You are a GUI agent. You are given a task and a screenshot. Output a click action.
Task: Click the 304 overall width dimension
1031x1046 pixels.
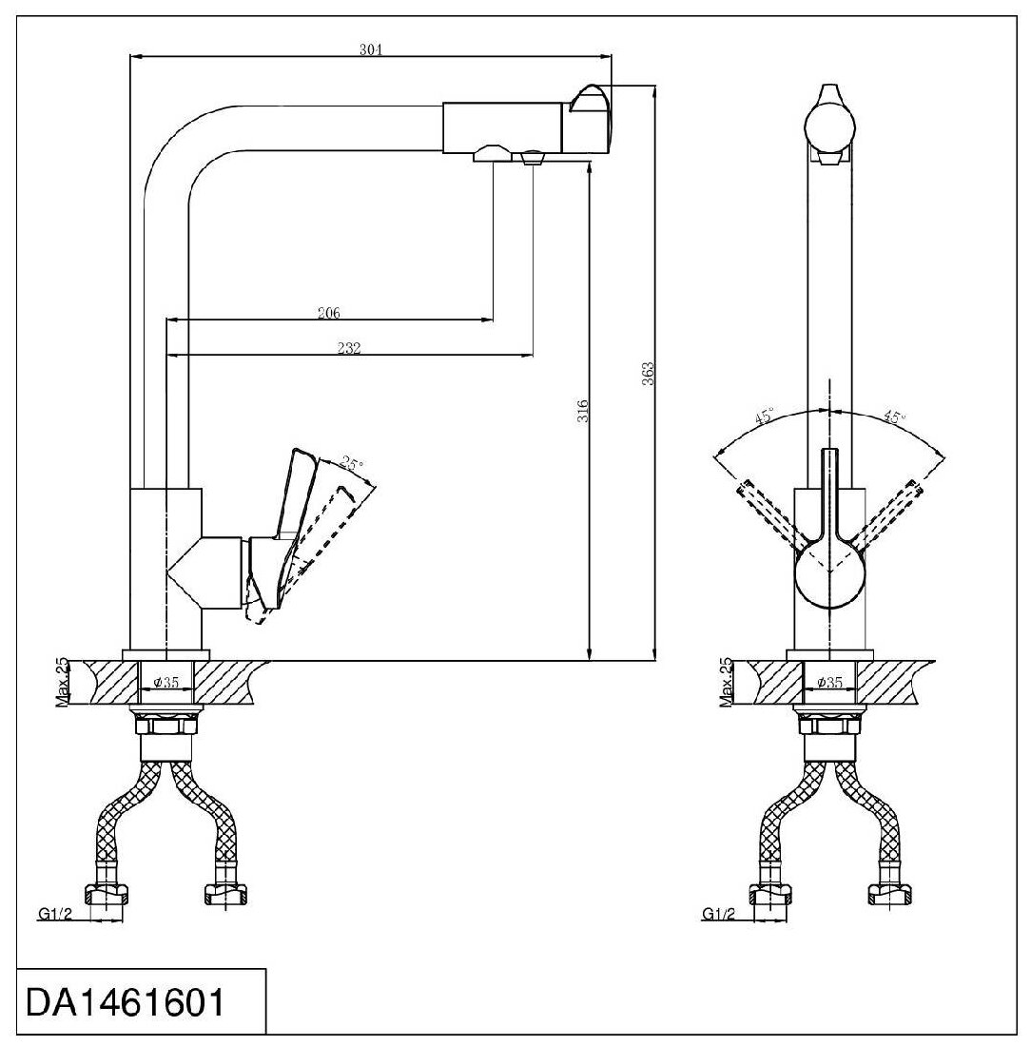[371, 49]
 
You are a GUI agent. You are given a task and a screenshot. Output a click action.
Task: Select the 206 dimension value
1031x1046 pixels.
[329, 313]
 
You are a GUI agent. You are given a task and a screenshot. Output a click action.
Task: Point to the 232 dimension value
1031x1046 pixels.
[349, 349]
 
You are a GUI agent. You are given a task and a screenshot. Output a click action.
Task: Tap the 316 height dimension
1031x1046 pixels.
[584, 410]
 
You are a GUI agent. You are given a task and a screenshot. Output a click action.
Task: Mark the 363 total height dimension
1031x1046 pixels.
[647, 370]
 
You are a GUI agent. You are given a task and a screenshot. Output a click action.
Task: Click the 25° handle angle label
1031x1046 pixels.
[353, 465]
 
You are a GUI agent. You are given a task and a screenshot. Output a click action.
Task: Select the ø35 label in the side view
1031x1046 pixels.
[166, 683]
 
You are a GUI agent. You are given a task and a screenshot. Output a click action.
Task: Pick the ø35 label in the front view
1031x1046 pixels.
[830, 683]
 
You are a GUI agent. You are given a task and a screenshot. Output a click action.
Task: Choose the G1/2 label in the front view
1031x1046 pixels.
[718, 914]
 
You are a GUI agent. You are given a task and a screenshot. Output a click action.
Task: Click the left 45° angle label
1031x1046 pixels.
[765, 416]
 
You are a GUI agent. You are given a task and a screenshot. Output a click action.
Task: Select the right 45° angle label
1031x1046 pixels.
[894, 416]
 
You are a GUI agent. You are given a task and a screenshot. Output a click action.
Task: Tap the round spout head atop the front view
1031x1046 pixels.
[829, 125]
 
